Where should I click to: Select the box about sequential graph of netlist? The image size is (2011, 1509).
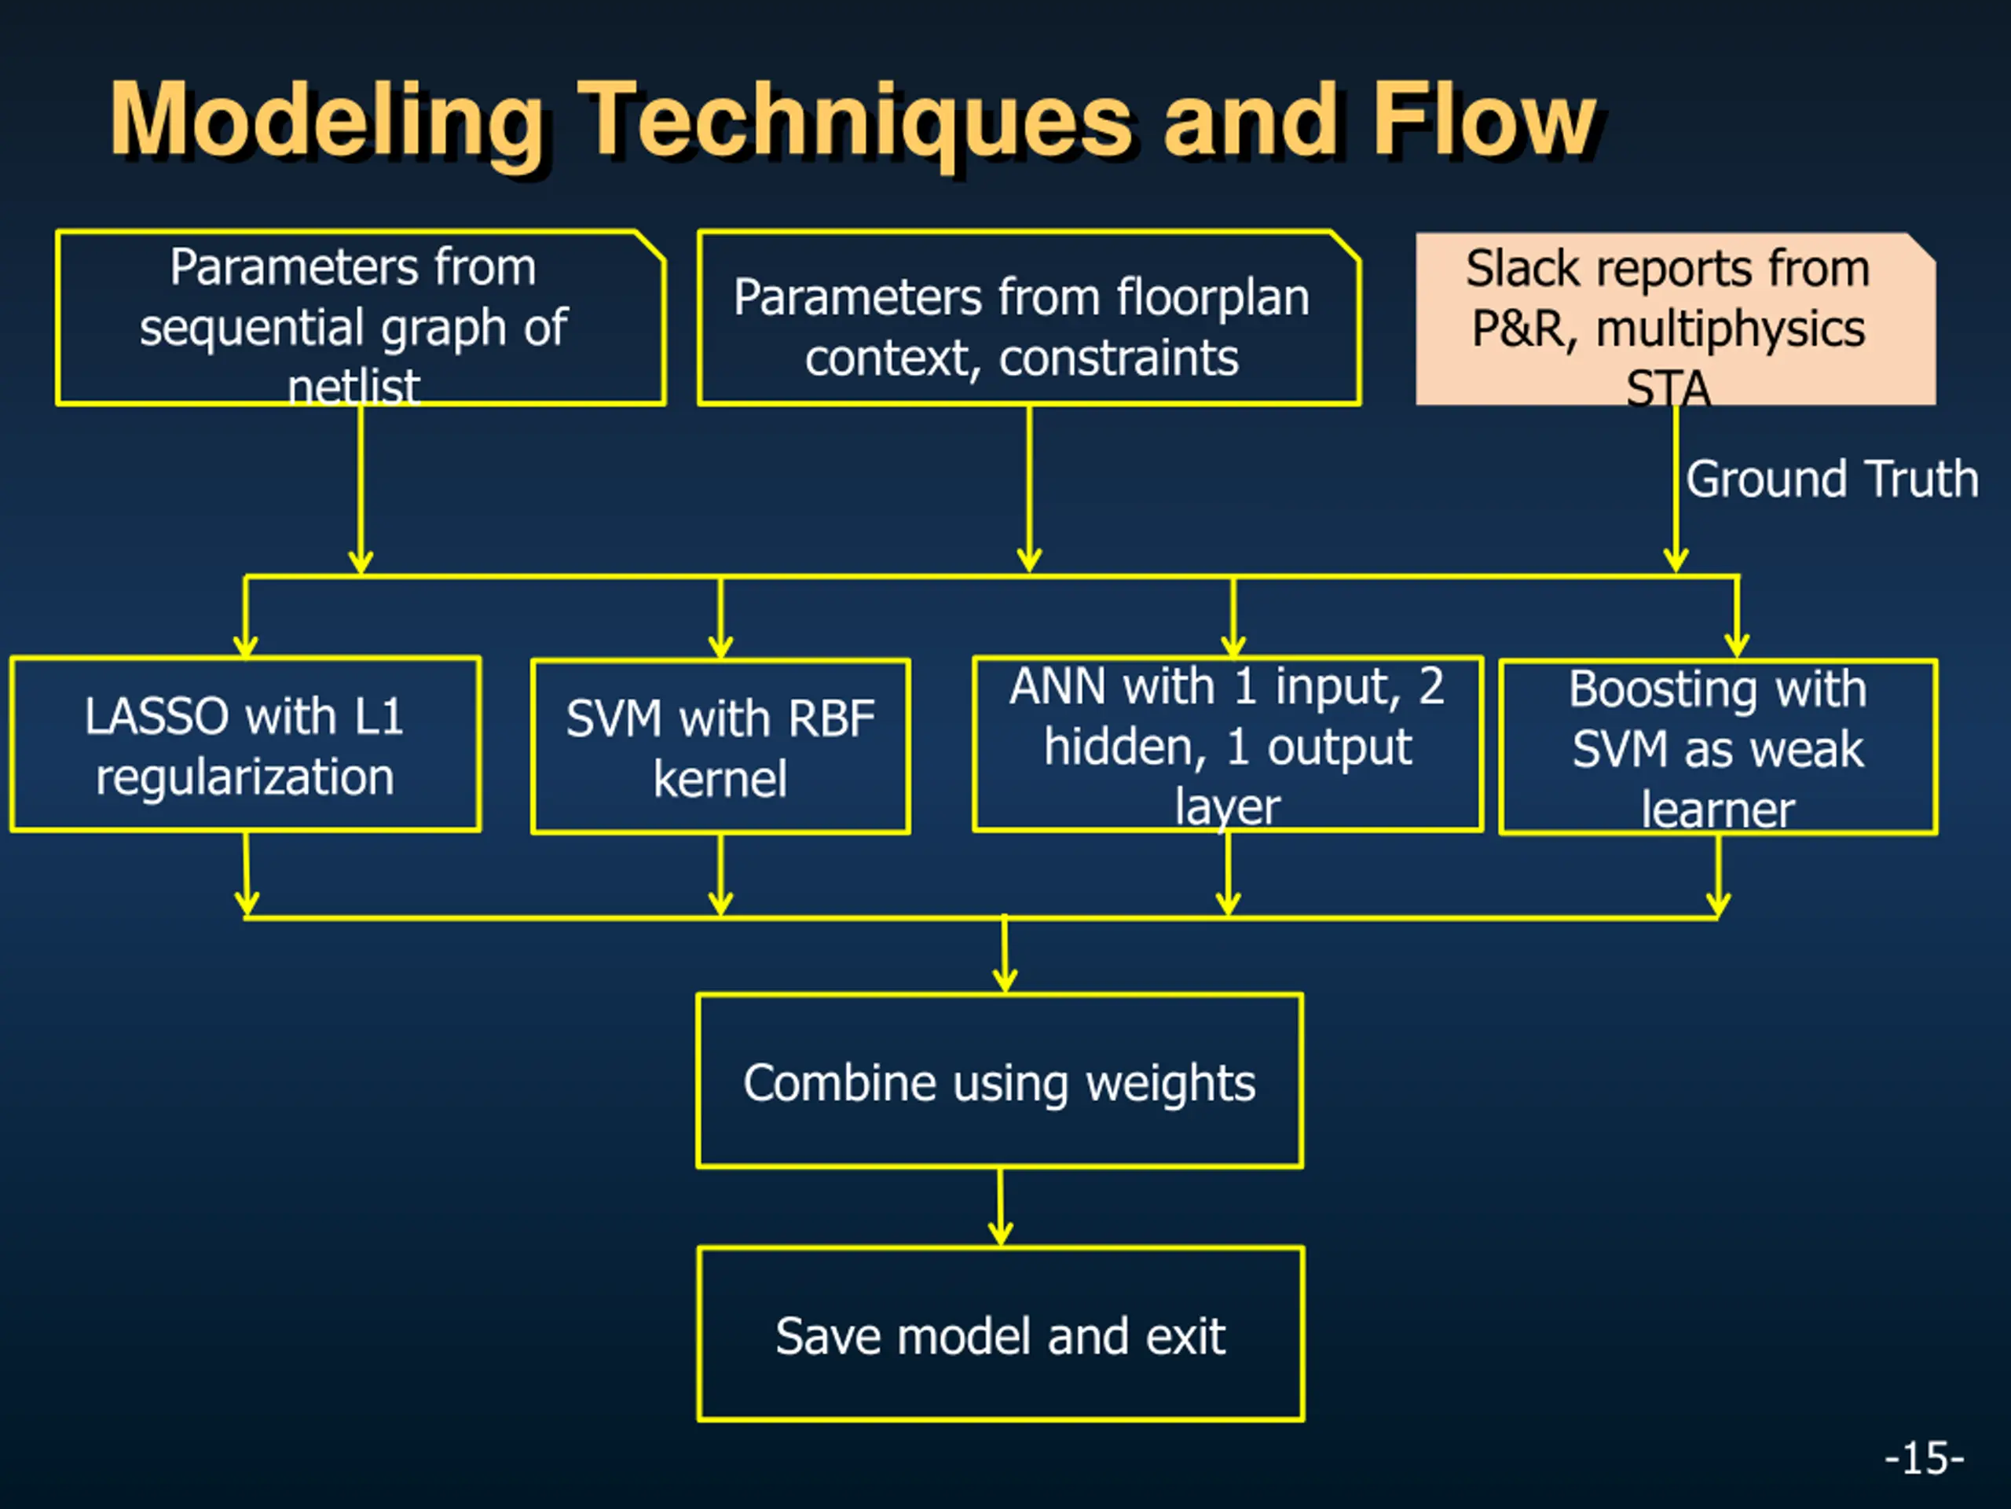(x=361, y=318)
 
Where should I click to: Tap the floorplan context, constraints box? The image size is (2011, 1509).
(x=1028, y=318)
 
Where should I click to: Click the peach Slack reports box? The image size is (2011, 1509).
(x=1676, y=318)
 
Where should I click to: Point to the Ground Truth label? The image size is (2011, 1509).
(x=1832, y=479)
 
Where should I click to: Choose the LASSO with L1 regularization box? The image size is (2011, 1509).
(x=245, y=744)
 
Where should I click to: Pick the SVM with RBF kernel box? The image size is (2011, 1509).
(x=720, y=746)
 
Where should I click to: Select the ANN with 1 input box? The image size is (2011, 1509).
(x=1227, y=744)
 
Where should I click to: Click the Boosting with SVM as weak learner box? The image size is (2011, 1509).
(x=1718, y=747)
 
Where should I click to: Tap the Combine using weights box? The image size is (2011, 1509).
(x=1000, y=1081)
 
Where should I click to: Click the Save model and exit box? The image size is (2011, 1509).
(x=1001, y=1334)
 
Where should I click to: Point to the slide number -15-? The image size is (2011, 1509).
(x=1924, y=1458)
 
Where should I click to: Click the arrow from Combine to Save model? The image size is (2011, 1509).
(x=1000, y=1207)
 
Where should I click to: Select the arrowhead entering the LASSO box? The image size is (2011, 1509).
(x=245, y=646)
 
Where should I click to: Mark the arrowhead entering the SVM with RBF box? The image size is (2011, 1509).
(x=720, y=647)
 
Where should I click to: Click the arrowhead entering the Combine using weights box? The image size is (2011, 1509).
(x=1005, y=981)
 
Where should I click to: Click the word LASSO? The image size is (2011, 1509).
(x=156, y=716)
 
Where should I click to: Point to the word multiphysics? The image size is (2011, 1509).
(x=1731, y=329)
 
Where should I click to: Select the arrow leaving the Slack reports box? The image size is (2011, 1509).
(x=1676, y=490)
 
